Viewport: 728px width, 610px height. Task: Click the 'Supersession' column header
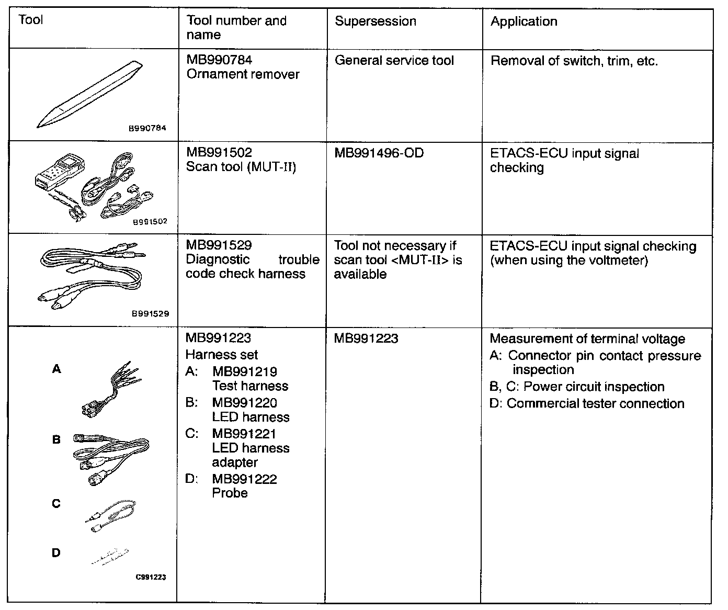pos(376,21)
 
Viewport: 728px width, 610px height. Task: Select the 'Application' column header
pos(524,21)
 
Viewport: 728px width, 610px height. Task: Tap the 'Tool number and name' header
pos(236,28)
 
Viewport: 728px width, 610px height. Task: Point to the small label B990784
pos(147,128)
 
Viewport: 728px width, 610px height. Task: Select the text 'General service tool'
pos(394,61)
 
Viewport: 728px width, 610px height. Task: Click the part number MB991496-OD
pos(379,154)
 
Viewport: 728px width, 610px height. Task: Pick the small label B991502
pos(150,221)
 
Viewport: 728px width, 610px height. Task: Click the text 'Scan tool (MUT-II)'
pos(241,167)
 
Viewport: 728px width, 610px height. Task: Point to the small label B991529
pos(151,314)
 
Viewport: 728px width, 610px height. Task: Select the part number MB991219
pos(244,372)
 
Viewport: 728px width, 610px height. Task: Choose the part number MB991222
pos(244,479)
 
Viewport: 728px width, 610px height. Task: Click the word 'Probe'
pos(230,493)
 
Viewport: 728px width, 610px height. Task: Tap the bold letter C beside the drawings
pos(56,504)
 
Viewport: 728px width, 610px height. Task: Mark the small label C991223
pos(151,578)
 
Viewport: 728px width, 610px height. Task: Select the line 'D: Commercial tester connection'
pos(587,404)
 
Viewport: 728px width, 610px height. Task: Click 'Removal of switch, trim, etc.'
pos(574,61)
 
